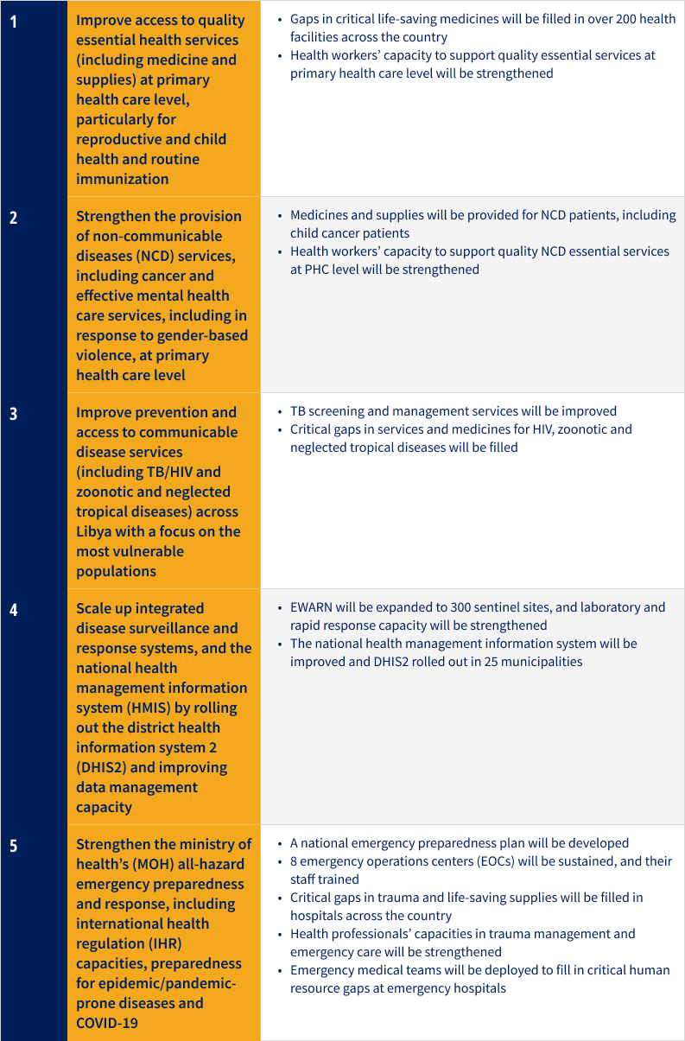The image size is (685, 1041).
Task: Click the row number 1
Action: [x=14, y=21]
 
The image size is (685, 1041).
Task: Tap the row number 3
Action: [x=14, y=413]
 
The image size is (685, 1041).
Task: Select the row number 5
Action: [x=14, y=846]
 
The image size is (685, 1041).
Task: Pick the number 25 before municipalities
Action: [x=486, y=662]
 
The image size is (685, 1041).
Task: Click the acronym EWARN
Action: [x=312, y=607]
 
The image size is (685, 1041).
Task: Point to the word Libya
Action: [x=94, y=531]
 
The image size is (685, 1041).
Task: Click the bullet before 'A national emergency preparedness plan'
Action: [x=280, y=843]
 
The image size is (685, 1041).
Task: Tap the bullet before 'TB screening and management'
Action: [x=280, y=411]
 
